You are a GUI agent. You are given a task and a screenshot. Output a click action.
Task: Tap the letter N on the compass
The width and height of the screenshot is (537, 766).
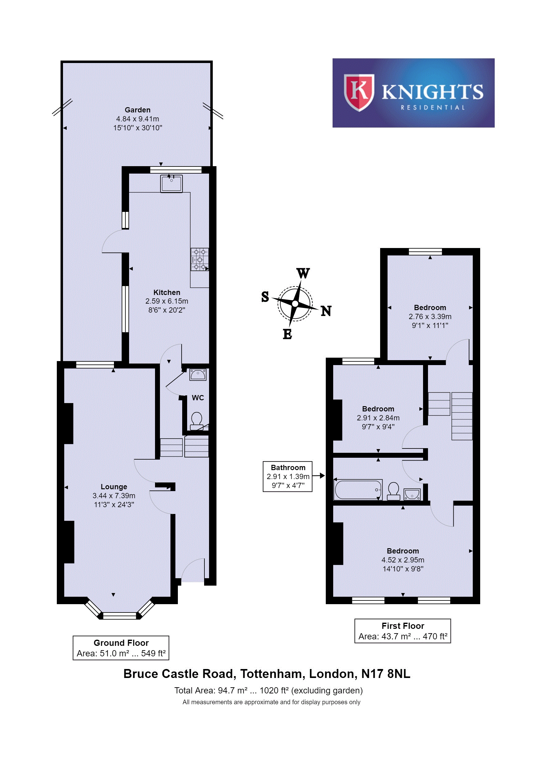click(326, 311)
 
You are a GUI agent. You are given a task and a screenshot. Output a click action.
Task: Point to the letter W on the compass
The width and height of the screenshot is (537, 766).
click(303, 273)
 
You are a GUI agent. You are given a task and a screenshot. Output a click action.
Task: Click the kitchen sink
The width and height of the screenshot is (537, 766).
click(171, 183)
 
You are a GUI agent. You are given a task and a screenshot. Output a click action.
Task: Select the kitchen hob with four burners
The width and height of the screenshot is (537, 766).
click(199, 259)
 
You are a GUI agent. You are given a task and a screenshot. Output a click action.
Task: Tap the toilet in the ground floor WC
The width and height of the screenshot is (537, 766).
click(196, 421)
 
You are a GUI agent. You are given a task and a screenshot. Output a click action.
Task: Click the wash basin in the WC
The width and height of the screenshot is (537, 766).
click(198, 375)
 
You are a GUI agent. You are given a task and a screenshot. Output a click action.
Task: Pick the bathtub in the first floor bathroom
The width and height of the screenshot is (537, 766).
click(358, 490)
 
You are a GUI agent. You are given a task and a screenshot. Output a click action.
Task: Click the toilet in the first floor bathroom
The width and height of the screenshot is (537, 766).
click(394, 491)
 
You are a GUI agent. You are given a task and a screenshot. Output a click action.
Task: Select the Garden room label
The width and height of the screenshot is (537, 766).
click(137, 110)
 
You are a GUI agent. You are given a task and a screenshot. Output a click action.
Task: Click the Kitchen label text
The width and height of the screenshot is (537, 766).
click(166, 292)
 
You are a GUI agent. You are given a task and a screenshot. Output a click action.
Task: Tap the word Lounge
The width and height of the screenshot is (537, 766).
click(114, 487)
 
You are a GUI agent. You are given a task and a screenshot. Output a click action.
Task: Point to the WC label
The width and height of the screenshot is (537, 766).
click(198, 398)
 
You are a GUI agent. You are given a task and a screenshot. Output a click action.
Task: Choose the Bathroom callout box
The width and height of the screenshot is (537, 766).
click(287, 476)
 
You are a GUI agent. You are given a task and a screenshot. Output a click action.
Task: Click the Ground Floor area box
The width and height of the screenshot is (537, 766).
click(121, 648)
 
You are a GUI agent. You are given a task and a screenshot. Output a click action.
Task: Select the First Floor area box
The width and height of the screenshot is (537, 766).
click(403, 631)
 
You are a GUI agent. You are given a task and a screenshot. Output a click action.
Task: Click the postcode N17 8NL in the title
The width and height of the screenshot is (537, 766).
click(386, 674)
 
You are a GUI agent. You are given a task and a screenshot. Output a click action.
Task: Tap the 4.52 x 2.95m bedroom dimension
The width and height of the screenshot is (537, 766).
click(403, 560)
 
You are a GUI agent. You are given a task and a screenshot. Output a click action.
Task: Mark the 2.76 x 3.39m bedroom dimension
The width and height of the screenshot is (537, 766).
click(430, 316)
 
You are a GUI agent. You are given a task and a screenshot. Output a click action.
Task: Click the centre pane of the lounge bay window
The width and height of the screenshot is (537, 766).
click(120, 616)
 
